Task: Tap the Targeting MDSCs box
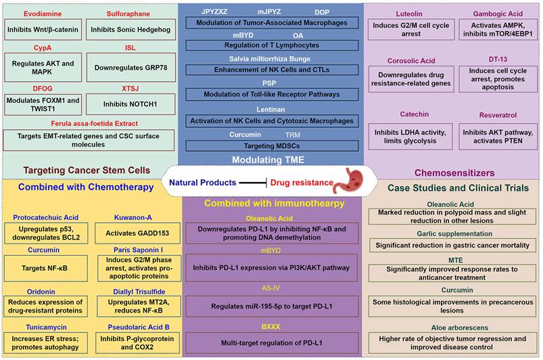(x=271, y=145)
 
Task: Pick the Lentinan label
(x=271, y=108)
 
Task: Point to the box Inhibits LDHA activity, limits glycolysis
(x=408, y=133)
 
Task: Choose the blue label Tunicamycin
(x=44, y=325)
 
